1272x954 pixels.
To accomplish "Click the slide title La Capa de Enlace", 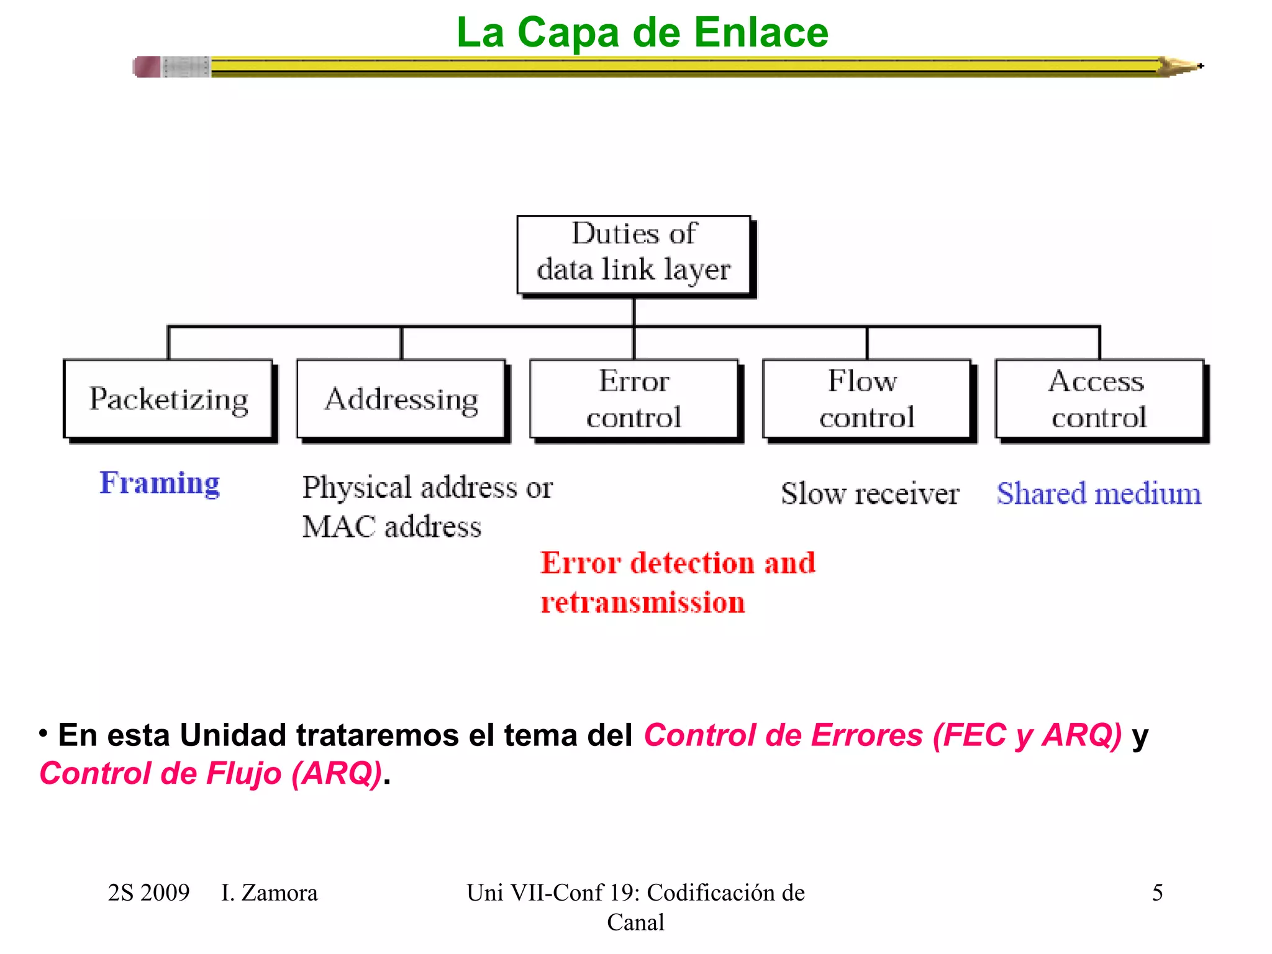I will click(x=642, y=32).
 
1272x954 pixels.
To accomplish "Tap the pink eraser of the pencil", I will click(x=147, y=66).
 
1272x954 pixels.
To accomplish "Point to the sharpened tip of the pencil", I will click(x=1192, y=66).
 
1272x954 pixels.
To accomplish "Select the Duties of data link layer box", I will click(x=634, y=254).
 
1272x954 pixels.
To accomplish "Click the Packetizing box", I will click(x=168, y=399).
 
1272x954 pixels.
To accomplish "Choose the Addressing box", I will click(x=401, y=399).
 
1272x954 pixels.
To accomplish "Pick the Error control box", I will click(x=634, y=399).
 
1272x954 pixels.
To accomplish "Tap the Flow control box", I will click(x=866, y=399).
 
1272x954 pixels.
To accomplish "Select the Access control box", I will click(x=1099, y=399).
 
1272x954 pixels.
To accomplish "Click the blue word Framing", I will click(x=160, y=483).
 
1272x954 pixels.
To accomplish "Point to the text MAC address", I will click(x=391, y=527).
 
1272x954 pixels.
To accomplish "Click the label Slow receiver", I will click(x=870, y=494).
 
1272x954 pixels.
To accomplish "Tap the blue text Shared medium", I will click(x=1099, y=494).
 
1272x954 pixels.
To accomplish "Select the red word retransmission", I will click(x=642, y=602).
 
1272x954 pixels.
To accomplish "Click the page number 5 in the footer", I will click(x=1157, y=893).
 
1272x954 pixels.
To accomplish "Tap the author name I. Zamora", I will click(x=269, y=893).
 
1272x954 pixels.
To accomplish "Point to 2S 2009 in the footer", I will click(x=148, y=893).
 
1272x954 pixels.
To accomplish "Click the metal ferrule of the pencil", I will click(x=186, y=66).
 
